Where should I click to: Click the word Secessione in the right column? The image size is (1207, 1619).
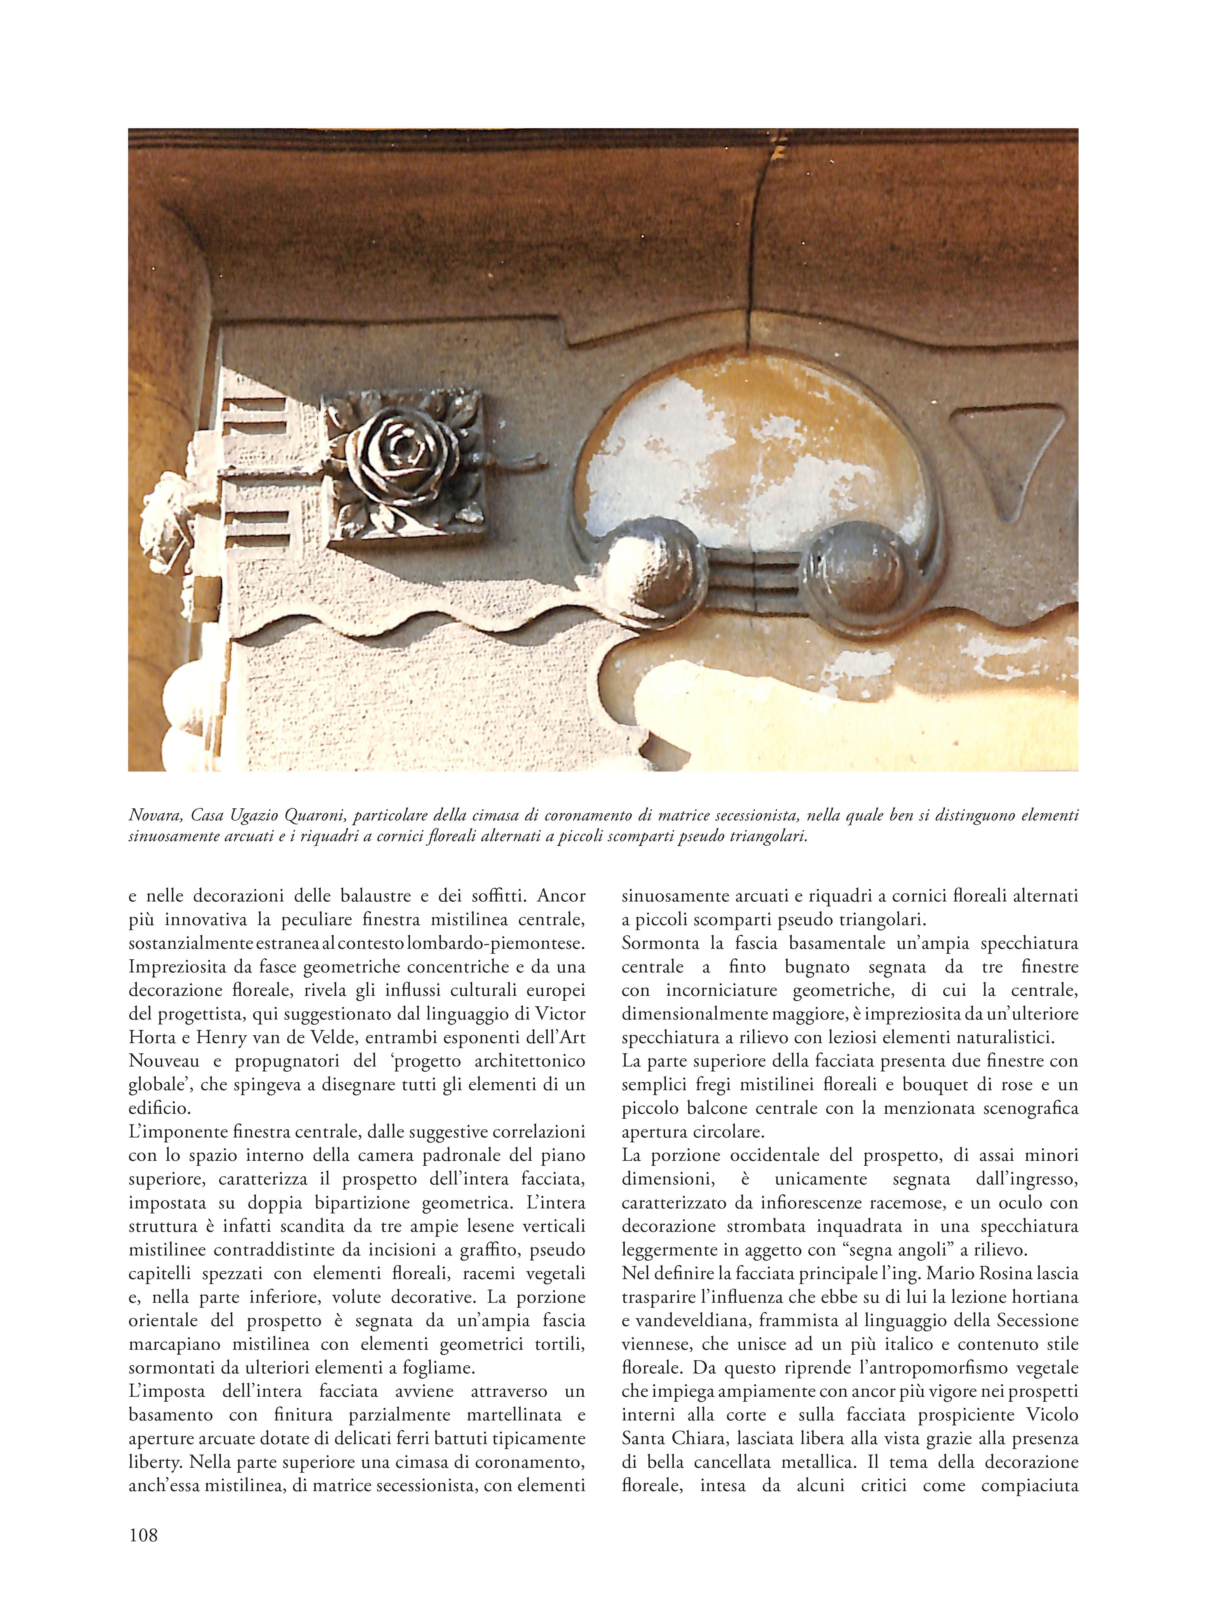click(x=1030, y=1321)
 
